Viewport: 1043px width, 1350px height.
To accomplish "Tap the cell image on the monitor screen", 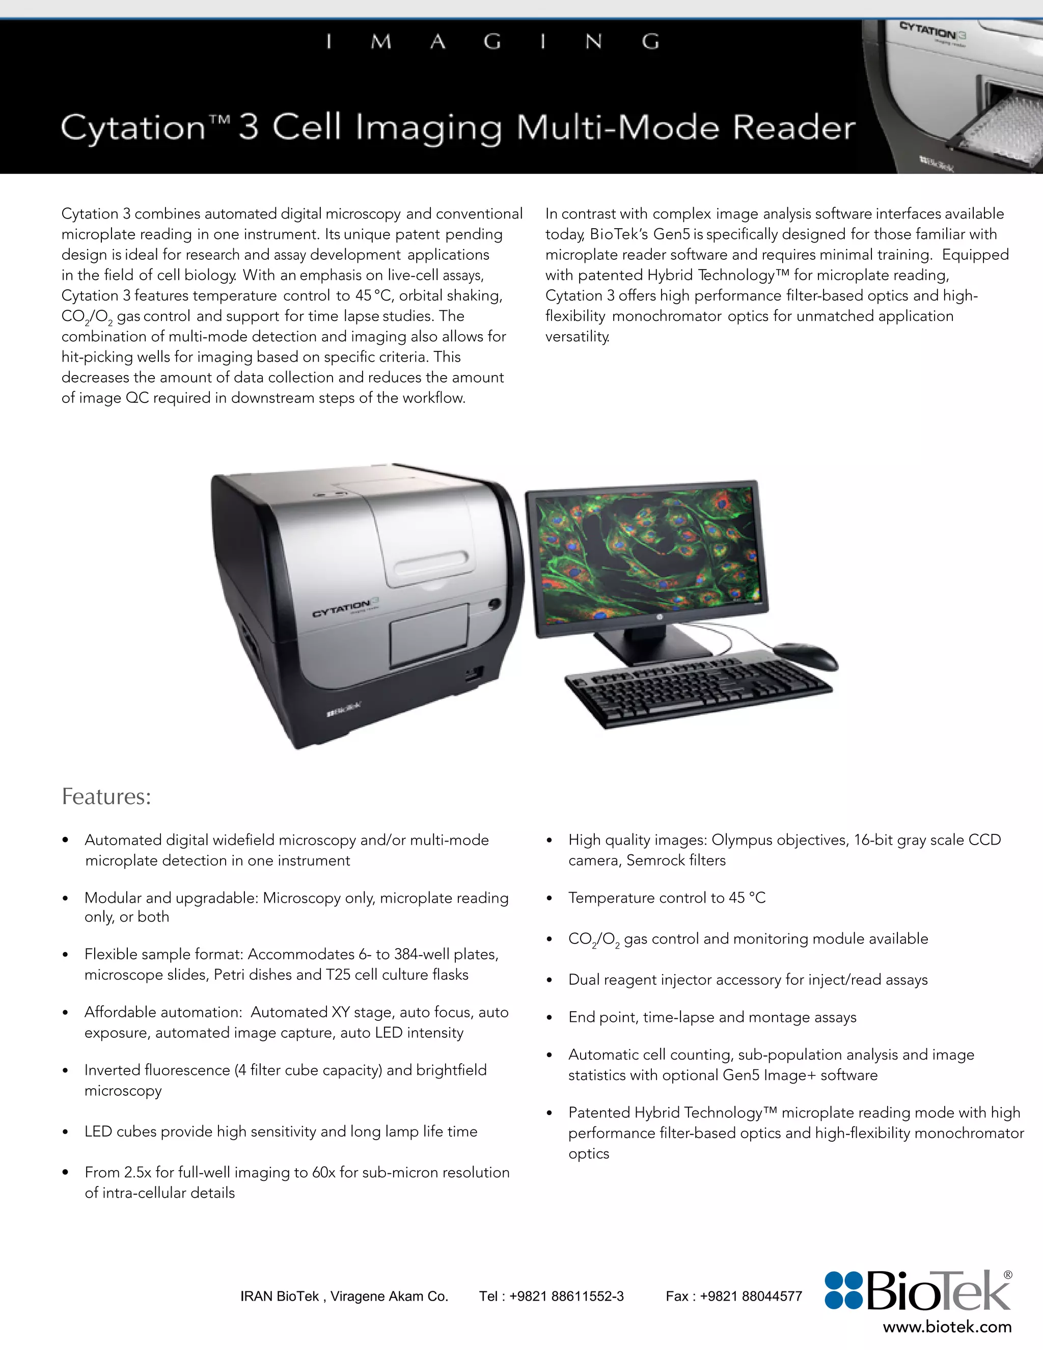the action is [x=646, y=553].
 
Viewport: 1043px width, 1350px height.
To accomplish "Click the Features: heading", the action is [x=106, y=797].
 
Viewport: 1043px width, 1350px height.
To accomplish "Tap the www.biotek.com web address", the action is [x=947, y=1327].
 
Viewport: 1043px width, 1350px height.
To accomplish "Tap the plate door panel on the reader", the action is [x=428, y=635].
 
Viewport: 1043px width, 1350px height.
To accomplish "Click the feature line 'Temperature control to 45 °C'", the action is [x=667, y=898].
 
